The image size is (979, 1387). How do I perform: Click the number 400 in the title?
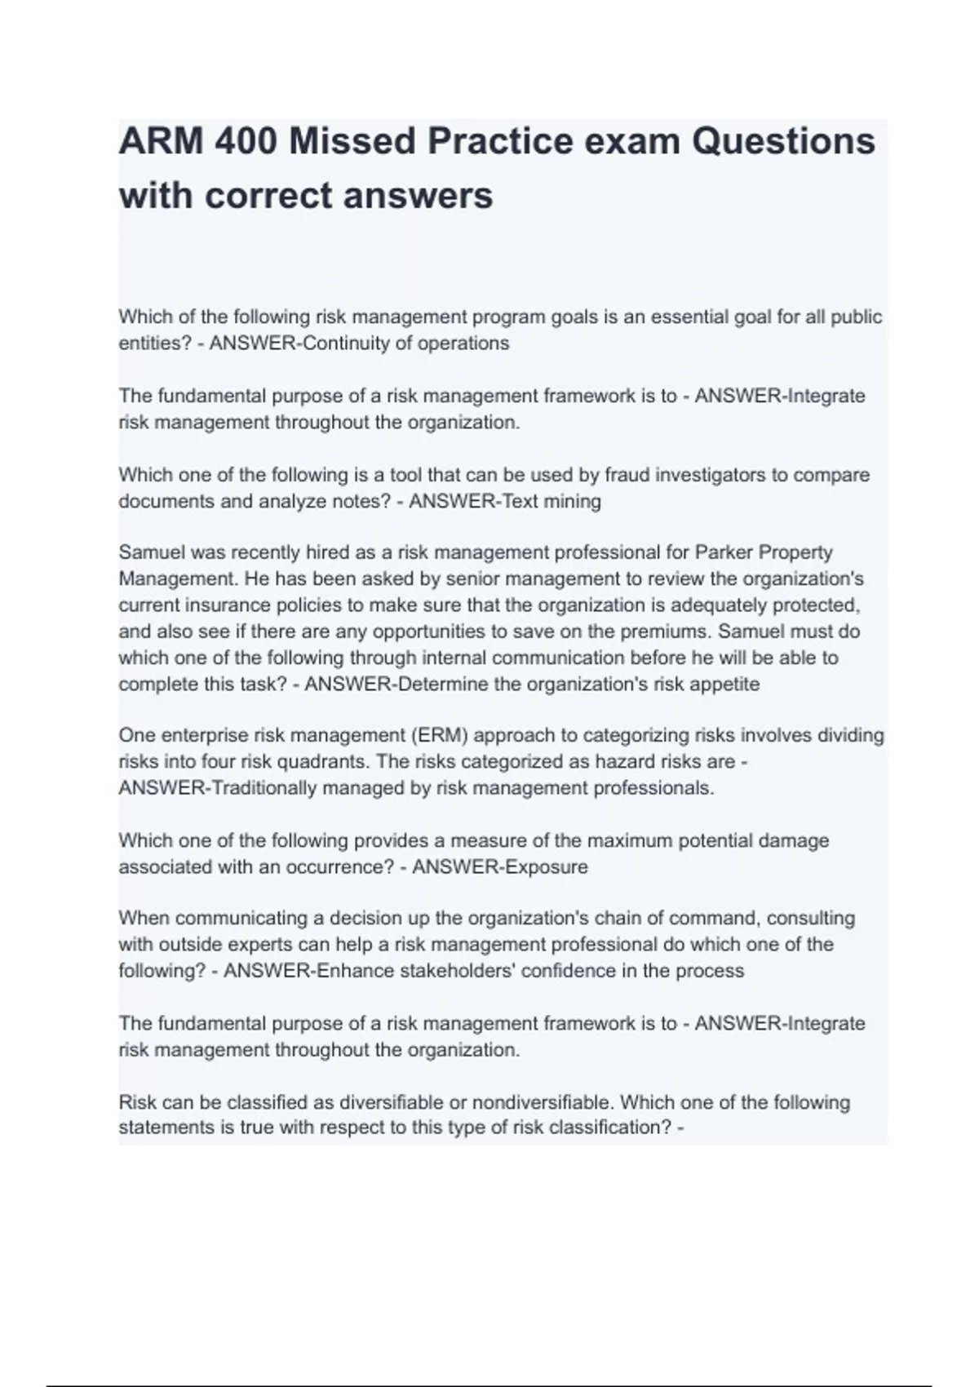(x=243, y=141)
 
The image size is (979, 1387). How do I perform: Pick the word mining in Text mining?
(x=572, y=501)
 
